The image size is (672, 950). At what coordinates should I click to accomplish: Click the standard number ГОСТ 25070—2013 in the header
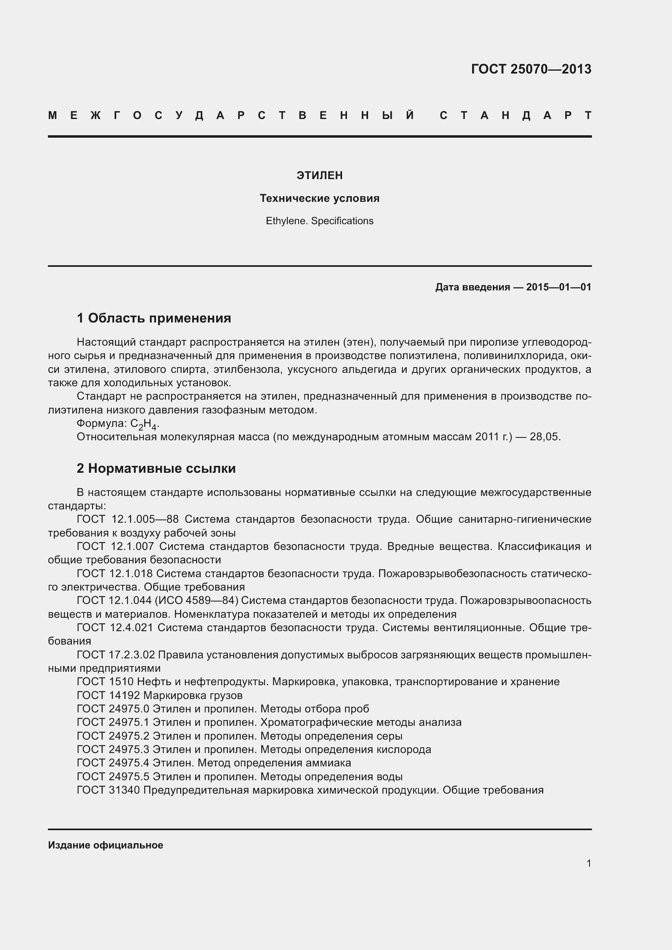click(531, 69)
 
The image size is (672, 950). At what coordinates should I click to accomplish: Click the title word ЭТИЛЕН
click(319, 175)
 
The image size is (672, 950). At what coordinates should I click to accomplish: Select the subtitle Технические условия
click(319, 198)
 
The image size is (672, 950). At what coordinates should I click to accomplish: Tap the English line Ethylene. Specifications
click(319, 221)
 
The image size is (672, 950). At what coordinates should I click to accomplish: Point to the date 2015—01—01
click(559, 287)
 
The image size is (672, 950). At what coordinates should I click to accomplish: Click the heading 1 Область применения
click(154, 318)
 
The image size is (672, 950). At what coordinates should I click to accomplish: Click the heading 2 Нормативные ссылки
click(156, 468)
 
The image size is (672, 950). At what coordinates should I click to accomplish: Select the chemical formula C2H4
click(143, 424)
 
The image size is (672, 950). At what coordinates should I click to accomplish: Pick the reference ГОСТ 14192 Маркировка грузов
click(160, 695)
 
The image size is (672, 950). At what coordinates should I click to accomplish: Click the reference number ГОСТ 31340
click(109, 790)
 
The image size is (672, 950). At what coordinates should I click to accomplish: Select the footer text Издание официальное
click(106, 845)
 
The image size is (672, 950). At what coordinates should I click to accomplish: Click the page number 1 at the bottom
click(589, 863)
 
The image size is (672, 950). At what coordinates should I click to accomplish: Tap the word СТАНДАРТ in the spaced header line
click(515, 115)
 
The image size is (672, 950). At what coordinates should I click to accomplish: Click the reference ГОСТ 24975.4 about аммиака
click(214, 763)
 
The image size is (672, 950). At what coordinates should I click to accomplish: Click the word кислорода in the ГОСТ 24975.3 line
click(403, 749)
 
